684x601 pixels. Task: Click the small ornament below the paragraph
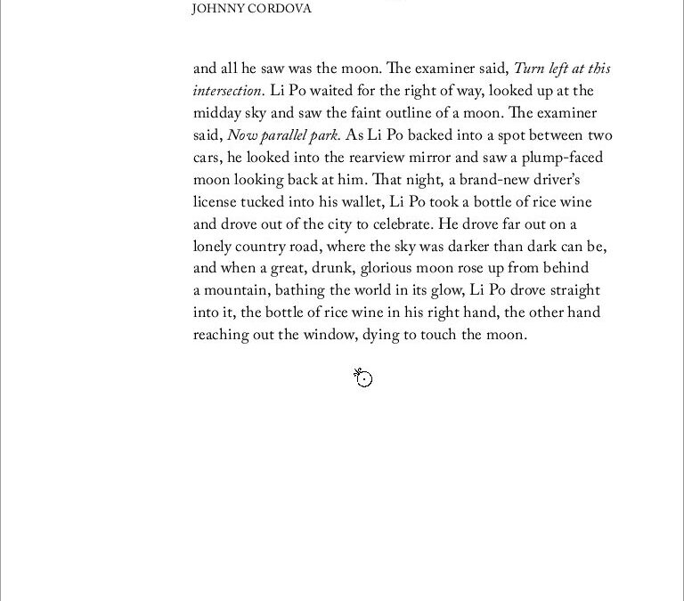[362, 378]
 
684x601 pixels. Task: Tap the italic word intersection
[228, 91]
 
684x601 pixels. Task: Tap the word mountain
[236, 290]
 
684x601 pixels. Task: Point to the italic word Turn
[529, 69]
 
